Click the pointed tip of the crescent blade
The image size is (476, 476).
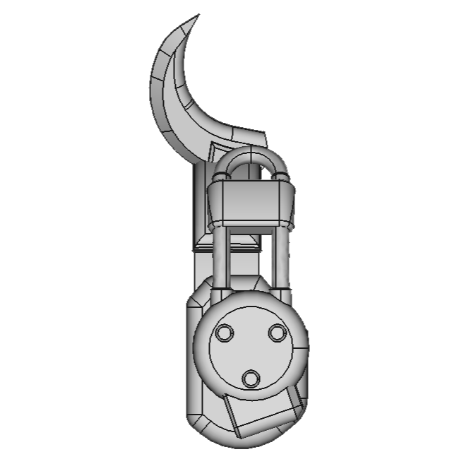[x=197, y=16]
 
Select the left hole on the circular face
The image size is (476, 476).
[x=225, y=333]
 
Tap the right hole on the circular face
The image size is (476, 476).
[x=277, y=333]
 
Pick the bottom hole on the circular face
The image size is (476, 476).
[x=251, y=379]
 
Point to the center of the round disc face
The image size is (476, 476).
[x=251, y=350]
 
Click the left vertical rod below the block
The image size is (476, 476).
[x=220, y=258]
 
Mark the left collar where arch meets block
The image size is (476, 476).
[x=220, y=174]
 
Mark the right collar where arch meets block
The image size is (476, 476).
[x=281, y=174]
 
